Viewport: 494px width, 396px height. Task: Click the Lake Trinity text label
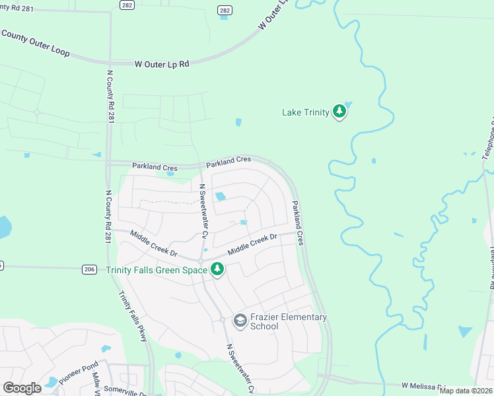pos(305,113)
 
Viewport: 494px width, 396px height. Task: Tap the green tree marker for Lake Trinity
pos(339,112)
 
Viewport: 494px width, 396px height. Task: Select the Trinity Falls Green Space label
pos(157,270)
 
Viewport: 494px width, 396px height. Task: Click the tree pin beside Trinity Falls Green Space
pos(217,269)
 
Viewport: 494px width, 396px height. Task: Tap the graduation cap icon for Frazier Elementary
pos(240,321)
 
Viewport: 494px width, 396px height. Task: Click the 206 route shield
pos(90,269)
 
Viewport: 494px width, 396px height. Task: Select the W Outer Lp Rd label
pos(162,64)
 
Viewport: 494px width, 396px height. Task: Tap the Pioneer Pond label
pos(78,375)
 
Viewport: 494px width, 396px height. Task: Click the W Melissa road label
pos(423,385)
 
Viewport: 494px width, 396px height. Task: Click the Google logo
pos(22,388)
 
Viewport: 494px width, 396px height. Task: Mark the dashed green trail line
pos(168,203)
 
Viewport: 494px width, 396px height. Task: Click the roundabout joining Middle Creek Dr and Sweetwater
pos(199,261)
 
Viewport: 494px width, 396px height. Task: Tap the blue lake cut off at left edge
pos(4,228)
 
